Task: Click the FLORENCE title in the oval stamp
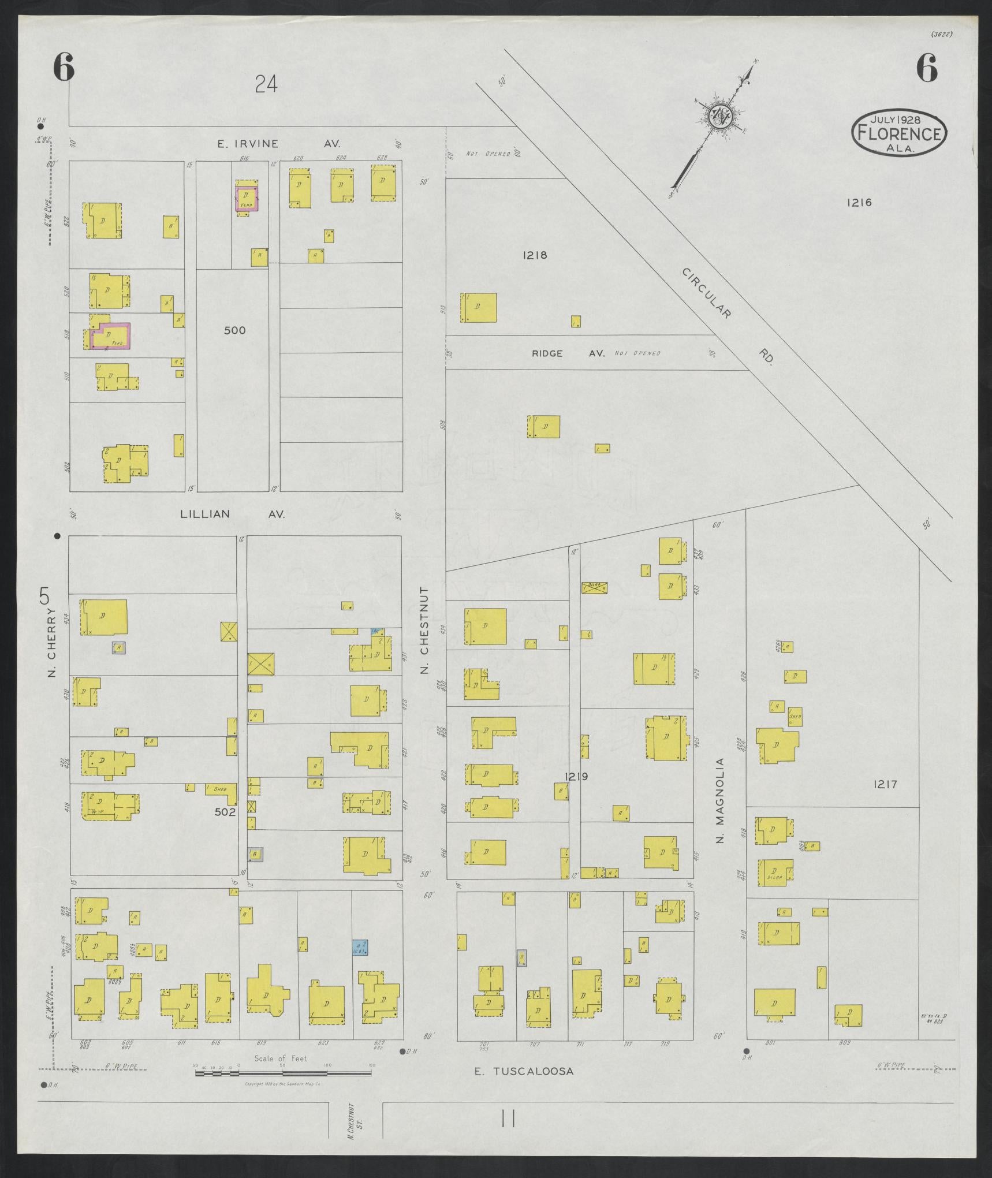pos(900,134)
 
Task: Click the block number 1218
pos(535,255)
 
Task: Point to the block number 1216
pos(859,202)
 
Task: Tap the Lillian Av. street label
pos(232,514)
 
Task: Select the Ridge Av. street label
pos(568,353)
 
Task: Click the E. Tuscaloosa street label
pos(524,1071)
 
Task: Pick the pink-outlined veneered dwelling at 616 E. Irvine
pos(247,198)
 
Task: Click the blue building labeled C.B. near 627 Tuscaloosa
pos(360,947)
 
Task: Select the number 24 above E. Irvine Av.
pos(266,85)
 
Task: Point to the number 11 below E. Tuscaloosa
pos(508,1136)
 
